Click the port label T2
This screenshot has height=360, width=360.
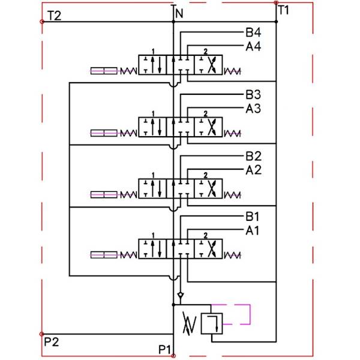[x=54, y=16]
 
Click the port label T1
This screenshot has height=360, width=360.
[x=284, y=10]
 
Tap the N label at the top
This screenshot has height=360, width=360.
[x=178, y=11]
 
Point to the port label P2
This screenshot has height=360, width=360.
[x=52, y=341]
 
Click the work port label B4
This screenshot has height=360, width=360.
[x=253, y=33]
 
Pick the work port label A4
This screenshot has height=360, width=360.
[x=253, y=46]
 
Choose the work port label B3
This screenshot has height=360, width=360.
[x=253, y=95]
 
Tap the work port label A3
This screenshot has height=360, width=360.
[x=253, y=108]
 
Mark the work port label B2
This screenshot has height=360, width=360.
[x=253, y=157]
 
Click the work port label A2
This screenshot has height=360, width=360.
[x=253, y=170]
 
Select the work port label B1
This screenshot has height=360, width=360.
[x=253, y=217]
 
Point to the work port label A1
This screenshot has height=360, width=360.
[x=253, y=230]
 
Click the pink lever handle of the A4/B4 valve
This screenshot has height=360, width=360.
[x=103, y=71]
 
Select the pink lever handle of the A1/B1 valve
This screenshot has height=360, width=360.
[x=103, y=255]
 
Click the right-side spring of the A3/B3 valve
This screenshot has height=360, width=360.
[x=232, y=133]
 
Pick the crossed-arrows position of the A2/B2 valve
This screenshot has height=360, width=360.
[x=209, y=187]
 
